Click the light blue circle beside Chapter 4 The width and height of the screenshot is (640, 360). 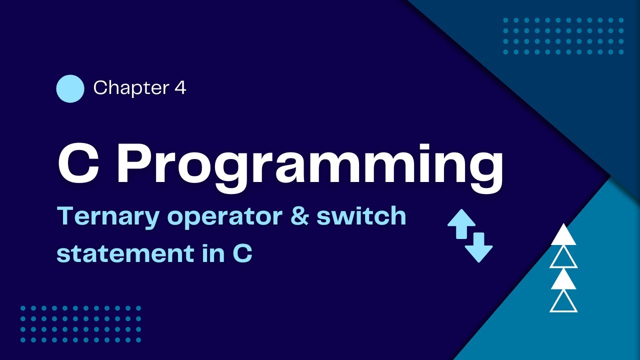[70, 88]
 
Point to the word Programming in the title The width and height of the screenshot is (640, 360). [310, 165]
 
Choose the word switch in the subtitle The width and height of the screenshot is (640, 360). [361, 216]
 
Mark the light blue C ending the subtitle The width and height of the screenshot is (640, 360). [242, 253]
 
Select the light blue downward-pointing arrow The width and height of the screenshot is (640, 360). [478, 247]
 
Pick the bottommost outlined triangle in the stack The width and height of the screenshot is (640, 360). [563, 302]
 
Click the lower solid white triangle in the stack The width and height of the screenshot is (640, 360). [563, 280]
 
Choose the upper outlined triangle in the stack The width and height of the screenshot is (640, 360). [563, 258]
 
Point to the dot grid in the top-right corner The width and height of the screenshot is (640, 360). [563, 36]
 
